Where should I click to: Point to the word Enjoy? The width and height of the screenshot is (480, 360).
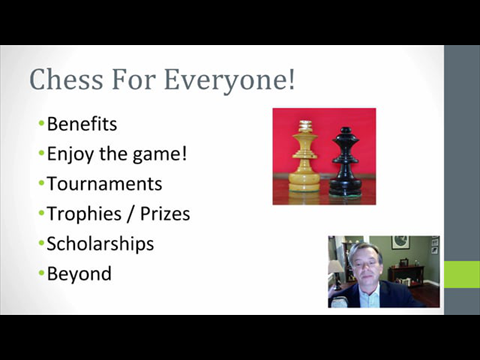[x=70, y=155]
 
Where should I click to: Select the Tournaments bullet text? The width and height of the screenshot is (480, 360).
[x=104, y=184]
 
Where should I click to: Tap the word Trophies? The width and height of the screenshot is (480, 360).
[x=83, y=214]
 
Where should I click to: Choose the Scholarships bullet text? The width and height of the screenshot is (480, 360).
[x=101, y=243]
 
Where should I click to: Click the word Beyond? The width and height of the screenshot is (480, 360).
[x=79, y=273]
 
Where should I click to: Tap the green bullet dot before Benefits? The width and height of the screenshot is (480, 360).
[x=41, y=125]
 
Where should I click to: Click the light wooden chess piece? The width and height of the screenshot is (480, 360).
[x=305, y=160]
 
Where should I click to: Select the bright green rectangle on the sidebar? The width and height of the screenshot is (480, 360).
[x=461, y=273]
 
